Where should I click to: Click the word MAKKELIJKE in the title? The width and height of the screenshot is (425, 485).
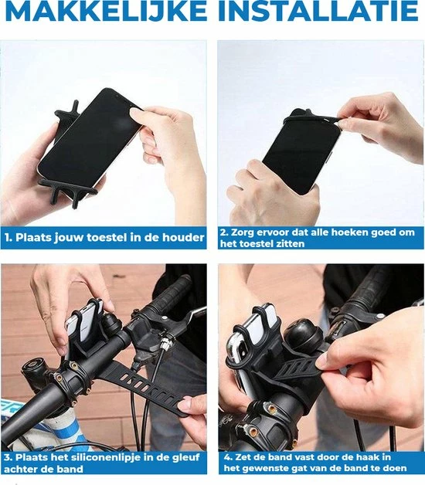(x=106, y=11)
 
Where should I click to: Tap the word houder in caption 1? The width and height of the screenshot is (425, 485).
(x=184, y=238)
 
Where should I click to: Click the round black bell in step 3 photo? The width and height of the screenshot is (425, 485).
(x=111, y=324)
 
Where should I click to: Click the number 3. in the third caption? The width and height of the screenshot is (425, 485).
(x=8, y=458)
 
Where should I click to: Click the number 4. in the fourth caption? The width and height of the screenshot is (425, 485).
(x=228, y=457)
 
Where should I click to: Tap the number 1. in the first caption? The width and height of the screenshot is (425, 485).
(x=8, y=238)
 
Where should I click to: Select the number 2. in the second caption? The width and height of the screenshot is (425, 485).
(x=224, y=232)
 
